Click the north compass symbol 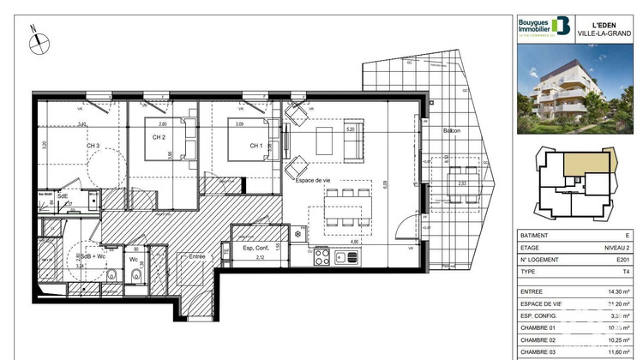[x=37, y=40]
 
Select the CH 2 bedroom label [x=159, y=138]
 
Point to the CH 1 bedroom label [x=255, y=146]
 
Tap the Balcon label [x=452, y=130]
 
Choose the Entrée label [x=198, y=255]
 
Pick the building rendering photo [x=578, y=91]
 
